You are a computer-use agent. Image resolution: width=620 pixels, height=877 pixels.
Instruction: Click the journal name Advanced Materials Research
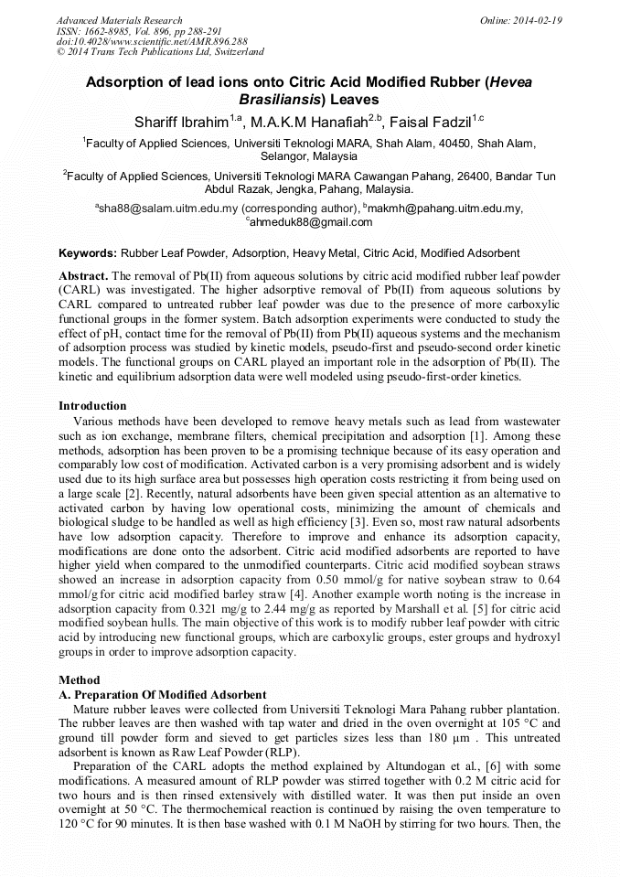click(x=119, y=20)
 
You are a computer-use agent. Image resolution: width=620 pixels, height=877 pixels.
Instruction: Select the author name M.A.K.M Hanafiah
click(x=307, y=121)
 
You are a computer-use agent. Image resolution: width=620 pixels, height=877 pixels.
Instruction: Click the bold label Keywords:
click(x=88, y=252)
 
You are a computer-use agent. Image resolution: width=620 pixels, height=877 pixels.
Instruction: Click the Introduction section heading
click(x=92, y=405)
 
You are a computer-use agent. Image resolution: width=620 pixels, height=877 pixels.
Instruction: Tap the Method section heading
click(x=80, y=680)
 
